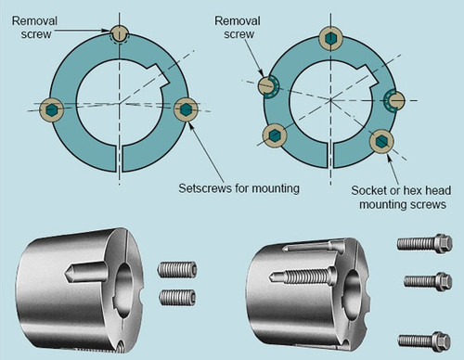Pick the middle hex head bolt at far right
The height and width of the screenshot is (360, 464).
(430, 280)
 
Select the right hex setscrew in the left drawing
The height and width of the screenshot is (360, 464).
(187, 109)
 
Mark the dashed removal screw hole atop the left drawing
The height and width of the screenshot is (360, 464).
(118, 32)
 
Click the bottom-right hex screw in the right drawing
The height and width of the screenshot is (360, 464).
(381, 140)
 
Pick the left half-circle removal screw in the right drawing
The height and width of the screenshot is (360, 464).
(267, 85)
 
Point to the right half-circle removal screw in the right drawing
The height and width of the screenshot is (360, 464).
(393, 95)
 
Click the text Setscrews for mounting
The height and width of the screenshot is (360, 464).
(238, 188)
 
